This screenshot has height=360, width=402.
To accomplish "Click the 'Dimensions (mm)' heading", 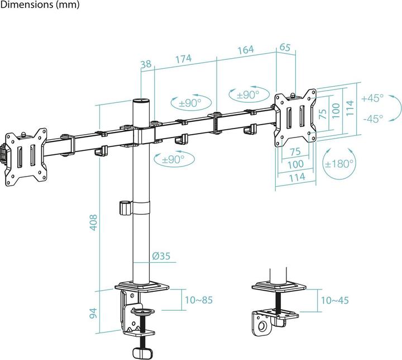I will [x=40, y=5].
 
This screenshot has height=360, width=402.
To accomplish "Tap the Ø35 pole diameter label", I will [x=161, y=257].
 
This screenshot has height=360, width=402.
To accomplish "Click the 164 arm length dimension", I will [x=245, y=49].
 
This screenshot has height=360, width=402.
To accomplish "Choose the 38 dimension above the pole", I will [x=146, y=65].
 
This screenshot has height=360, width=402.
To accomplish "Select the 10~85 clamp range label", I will [x=198, y=300].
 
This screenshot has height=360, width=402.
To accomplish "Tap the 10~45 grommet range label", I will [x=334, y=300].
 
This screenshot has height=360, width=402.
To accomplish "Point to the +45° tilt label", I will [x=372, y=98].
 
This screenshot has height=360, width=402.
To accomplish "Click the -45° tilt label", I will [x=372, y=118].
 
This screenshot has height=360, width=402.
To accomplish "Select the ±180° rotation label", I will [x=339, y=164].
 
